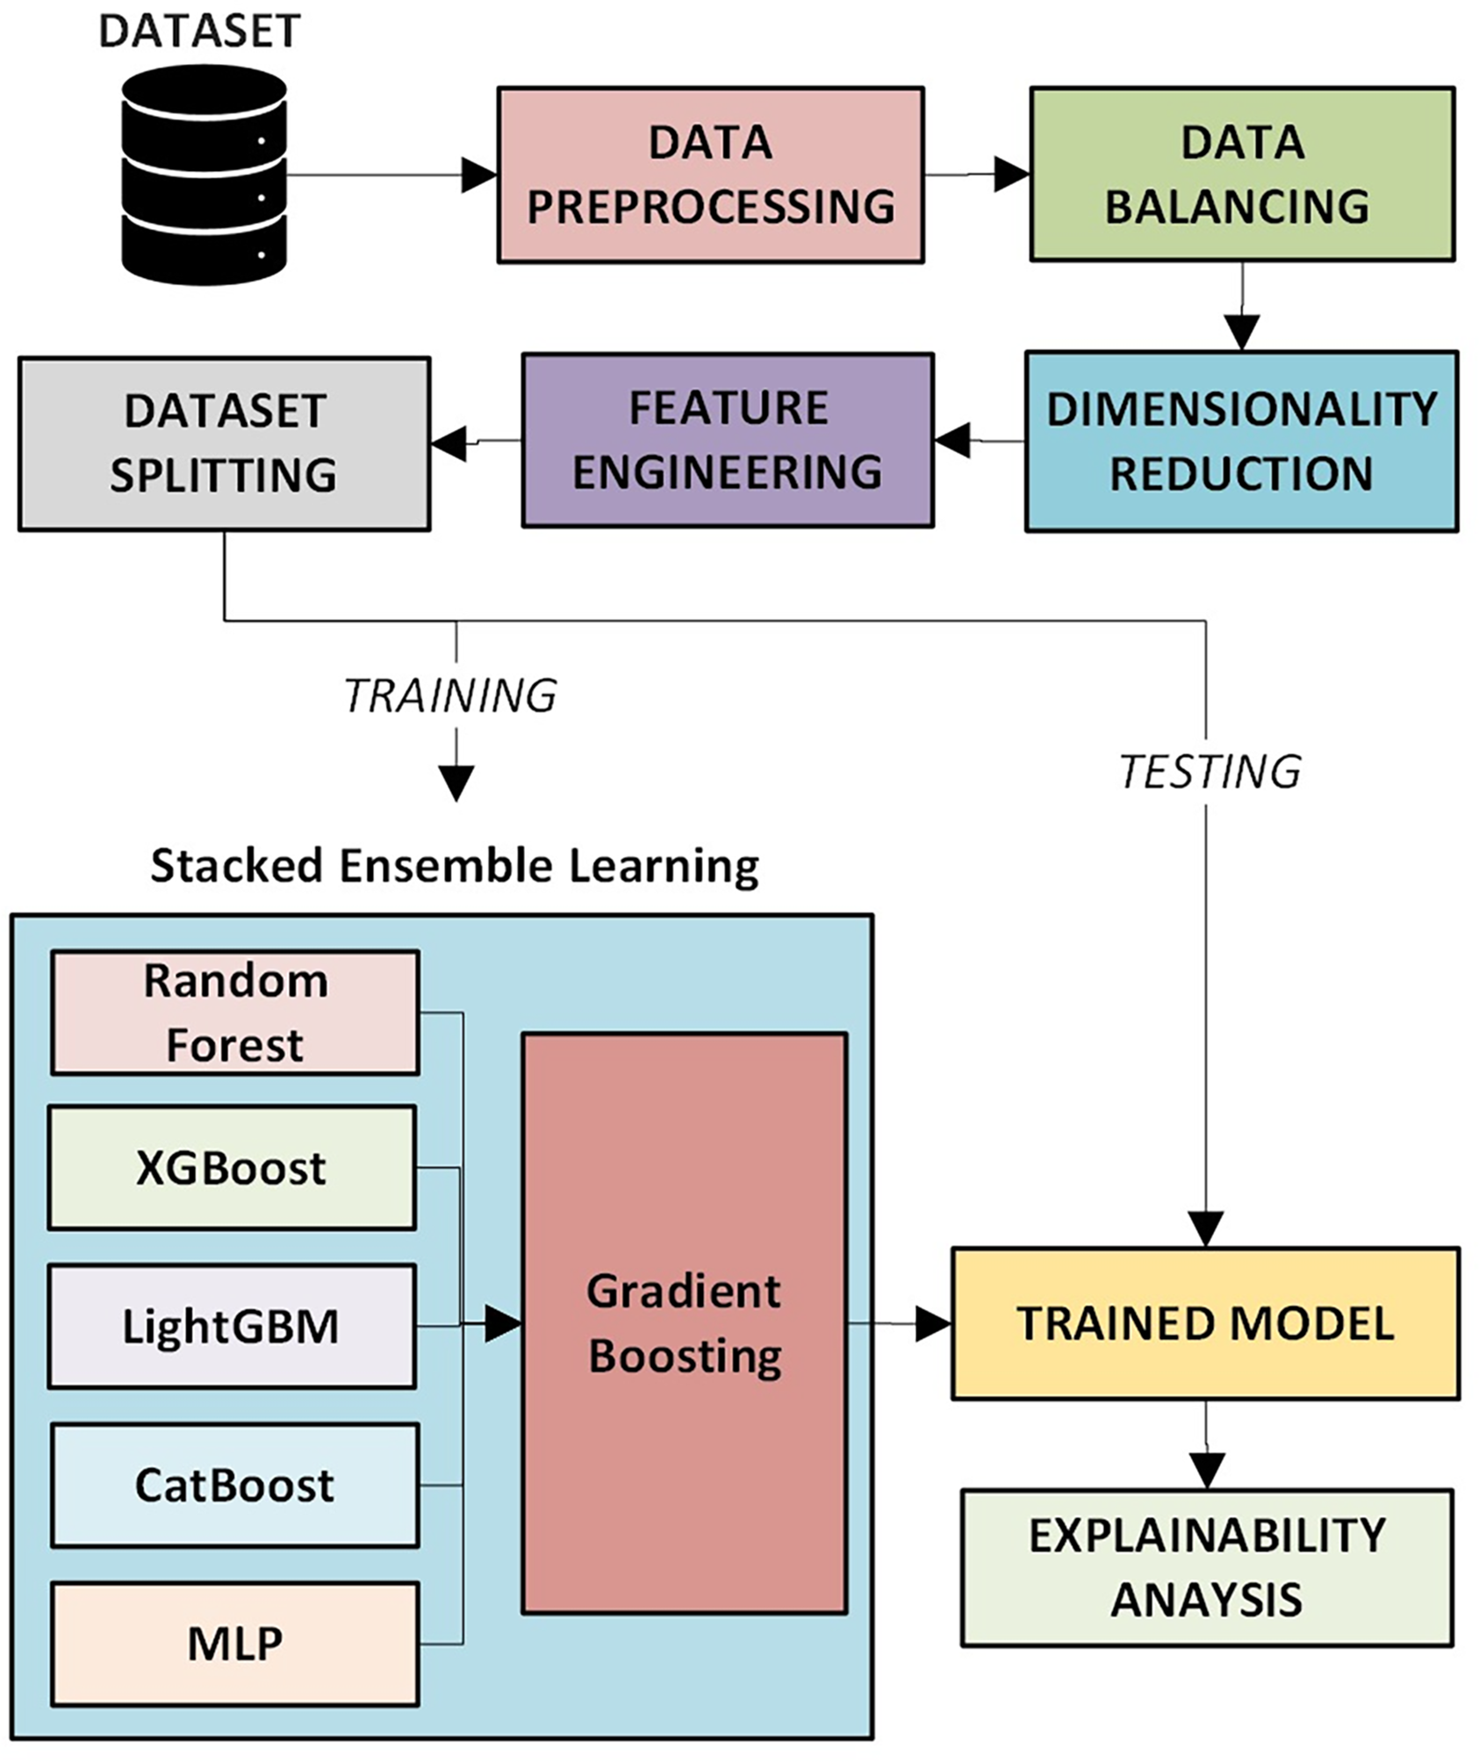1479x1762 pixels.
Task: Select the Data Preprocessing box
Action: [x=711, y=175]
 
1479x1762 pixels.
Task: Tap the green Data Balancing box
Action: [x=1242, y=174]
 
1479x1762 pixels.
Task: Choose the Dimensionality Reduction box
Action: [x=1242, y=441]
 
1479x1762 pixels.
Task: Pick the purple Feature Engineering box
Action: [x=728, y=440]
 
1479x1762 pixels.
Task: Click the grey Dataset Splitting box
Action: [x=225, y=443]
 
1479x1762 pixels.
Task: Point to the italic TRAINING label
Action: [x=450, y=696]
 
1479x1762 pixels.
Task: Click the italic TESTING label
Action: [x=1210, y=772]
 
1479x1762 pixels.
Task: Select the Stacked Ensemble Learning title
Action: [x=455, y=866]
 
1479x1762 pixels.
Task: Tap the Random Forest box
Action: [x=235, y=1013]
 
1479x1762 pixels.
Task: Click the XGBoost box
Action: [x=232, y=1168]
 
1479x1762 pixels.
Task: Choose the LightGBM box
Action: [x=232, y=1326]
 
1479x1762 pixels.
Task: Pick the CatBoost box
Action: [x=235, y=1485]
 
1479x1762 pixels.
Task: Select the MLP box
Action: [x=235, y=1644]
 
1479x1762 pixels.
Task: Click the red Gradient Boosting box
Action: [x=685, y=1323]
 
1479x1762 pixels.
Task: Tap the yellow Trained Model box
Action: [x=1206, y=1323]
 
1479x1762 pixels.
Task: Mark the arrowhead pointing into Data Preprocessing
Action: [x=480, y=175]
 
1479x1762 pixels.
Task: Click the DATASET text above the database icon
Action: [x=200, y=32]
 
